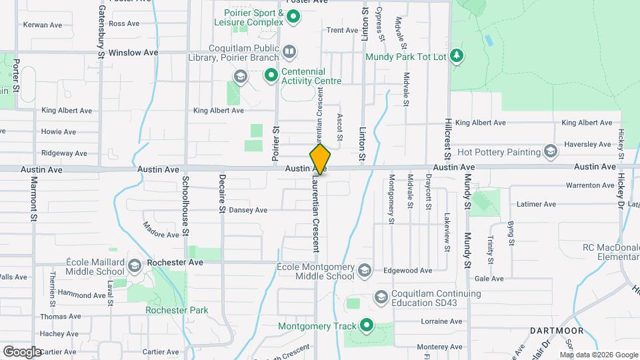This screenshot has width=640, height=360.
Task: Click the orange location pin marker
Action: pos(321,159)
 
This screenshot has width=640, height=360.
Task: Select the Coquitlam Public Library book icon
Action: pos(289,51)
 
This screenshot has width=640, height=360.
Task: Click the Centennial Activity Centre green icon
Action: pos(271,75)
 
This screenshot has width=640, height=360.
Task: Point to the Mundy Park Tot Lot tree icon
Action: pos(457,56)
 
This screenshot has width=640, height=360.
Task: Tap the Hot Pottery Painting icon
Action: pos(551,152)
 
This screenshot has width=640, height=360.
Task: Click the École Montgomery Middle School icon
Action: pos(365,271)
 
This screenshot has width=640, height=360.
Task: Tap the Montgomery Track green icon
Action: pos(366,325)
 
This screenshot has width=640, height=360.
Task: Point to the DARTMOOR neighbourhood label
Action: pos(557,331)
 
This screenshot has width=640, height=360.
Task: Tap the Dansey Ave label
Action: pos(248,210)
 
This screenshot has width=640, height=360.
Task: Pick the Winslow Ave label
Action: pos(133,52)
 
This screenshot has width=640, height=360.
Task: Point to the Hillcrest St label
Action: pos(449,140)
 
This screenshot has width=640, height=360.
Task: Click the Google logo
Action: pos(23,351)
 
